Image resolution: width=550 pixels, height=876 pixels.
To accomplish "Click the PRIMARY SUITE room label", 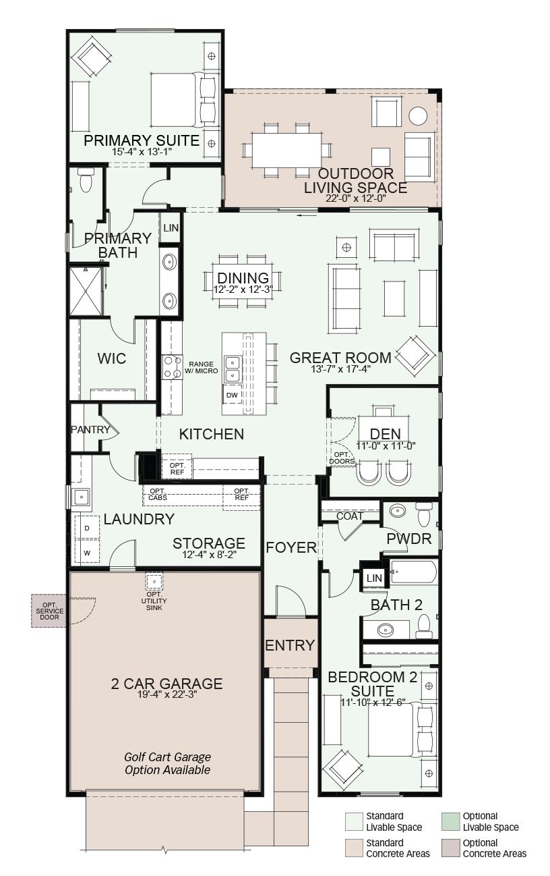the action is [x=142, y=140].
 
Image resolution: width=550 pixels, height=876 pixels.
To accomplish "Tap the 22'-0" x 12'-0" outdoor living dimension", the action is [x=355, y=198].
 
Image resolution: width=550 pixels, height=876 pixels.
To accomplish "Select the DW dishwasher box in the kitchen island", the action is [x=232, y=395].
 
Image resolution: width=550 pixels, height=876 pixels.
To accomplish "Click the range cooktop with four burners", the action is [x=173, y=367].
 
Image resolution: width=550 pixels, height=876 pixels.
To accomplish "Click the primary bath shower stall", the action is [x=86, y=291].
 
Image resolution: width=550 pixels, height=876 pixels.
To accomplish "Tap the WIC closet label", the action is [x=112, y=358].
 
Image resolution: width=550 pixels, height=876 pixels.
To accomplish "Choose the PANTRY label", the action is [x=90, y=429].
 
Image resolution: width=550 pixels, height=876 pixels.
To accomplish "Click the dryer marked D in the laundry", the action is [x=87, y=528].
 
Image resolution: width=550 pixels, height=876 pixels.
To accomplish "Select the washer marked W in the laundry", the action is [x=87, y=553].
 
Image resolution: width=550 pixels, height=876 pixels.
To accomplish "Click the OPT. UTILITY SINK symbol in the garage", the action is [x=155, y=582].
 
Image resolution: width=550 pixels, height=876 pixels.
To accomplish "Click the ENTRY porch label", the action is [x=290, y=645].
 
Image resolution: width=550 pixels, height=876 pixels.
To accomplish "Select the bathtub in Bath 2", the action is [x=413, y=572].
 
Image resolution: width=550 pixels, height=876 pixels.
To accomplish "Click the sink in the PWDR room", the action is [x=398, y=511].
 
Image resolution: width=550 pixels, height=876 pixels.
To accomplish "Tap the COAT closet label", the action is [x=350, y=516].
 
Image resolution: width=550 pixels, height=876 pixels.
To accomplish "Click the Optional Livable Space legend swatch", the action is [x=451, y=821].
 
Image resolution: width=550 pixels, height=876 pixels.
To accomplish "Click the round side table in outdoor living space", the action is [x=418, y=116].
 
